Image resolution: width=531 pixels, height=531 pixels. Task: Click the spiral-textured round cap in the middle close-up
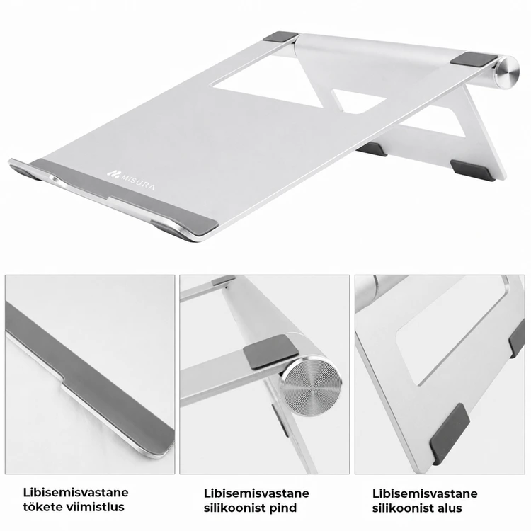[x=312, y=386]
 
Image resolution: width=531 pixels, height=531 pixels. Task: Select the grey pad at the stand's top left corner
[x=280, y=38]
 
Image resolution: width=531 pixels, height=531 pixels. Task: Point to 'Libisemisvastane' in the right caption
[x=425, y=493]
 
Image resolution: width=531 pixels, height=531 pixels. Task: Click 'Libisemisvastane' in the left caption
[x=76, y=492]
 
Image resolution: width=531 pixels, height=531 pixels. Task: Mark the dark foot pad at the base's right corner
[x=472, y=171]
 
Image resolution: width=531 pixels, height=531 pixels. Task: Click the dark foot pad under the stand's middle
[x=372, y=149]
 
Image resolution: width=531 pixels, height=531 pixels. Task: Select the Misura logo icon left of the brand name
[x=113, y=173]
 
